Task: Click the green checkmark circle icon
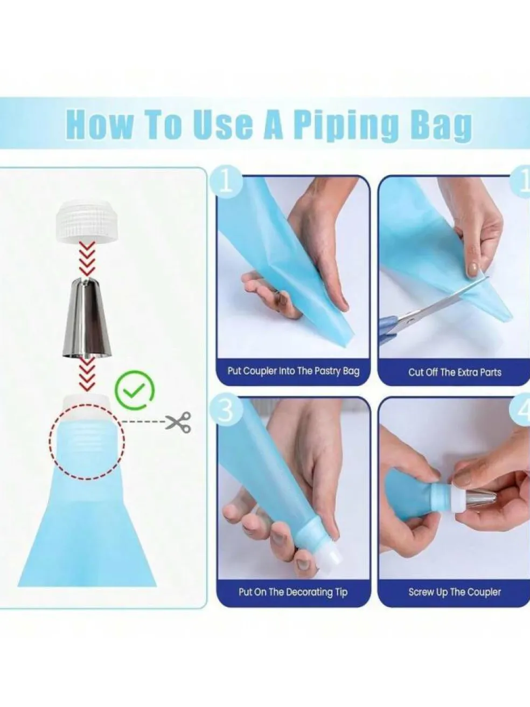pyautogui.click(x=135, y=390)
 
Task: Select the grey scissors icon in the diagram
pyautogui.click(x=179, y=422)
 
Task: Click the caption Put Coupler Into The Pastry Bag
pyautogui.click(x=293, y=371)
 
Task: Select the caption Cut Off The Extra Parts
pyautogui.click(x=455, y=372)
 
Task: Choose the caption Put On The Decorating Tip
pyautogui.click(x=293, y=592)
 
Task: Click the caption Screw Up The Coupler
pyautogui.click(x=455, y=592)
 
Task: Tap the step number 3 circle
pyautogui.click(x=226, y=412)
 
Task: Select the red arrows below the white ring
pyautogui.click(x=87, y=260)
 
